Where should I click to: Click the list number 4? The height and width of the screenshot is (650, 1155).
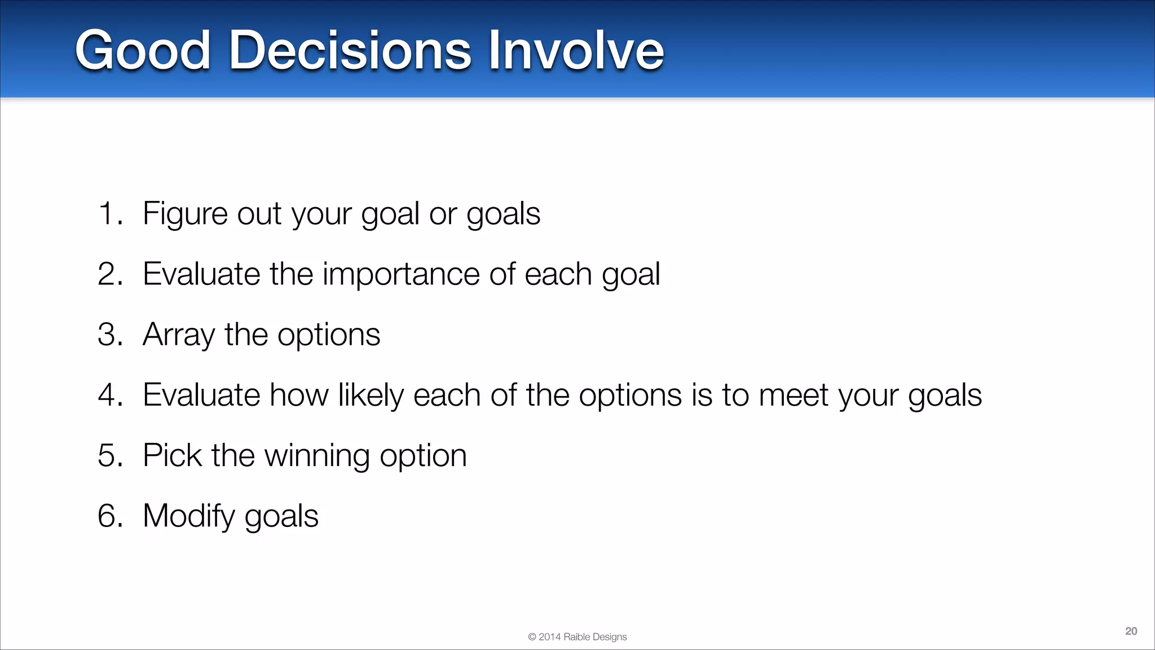[109, 395]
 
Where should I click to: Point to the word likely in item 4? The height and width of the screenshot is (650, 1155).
[371, 395]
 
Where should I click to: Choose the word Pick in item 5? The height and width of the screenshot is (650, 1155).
[172, 455]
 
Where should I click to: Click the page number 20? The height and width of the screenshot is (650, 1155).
[1131, 631]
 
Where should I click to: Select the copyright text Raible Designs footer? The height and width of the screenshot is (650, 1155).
[577, 636]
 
